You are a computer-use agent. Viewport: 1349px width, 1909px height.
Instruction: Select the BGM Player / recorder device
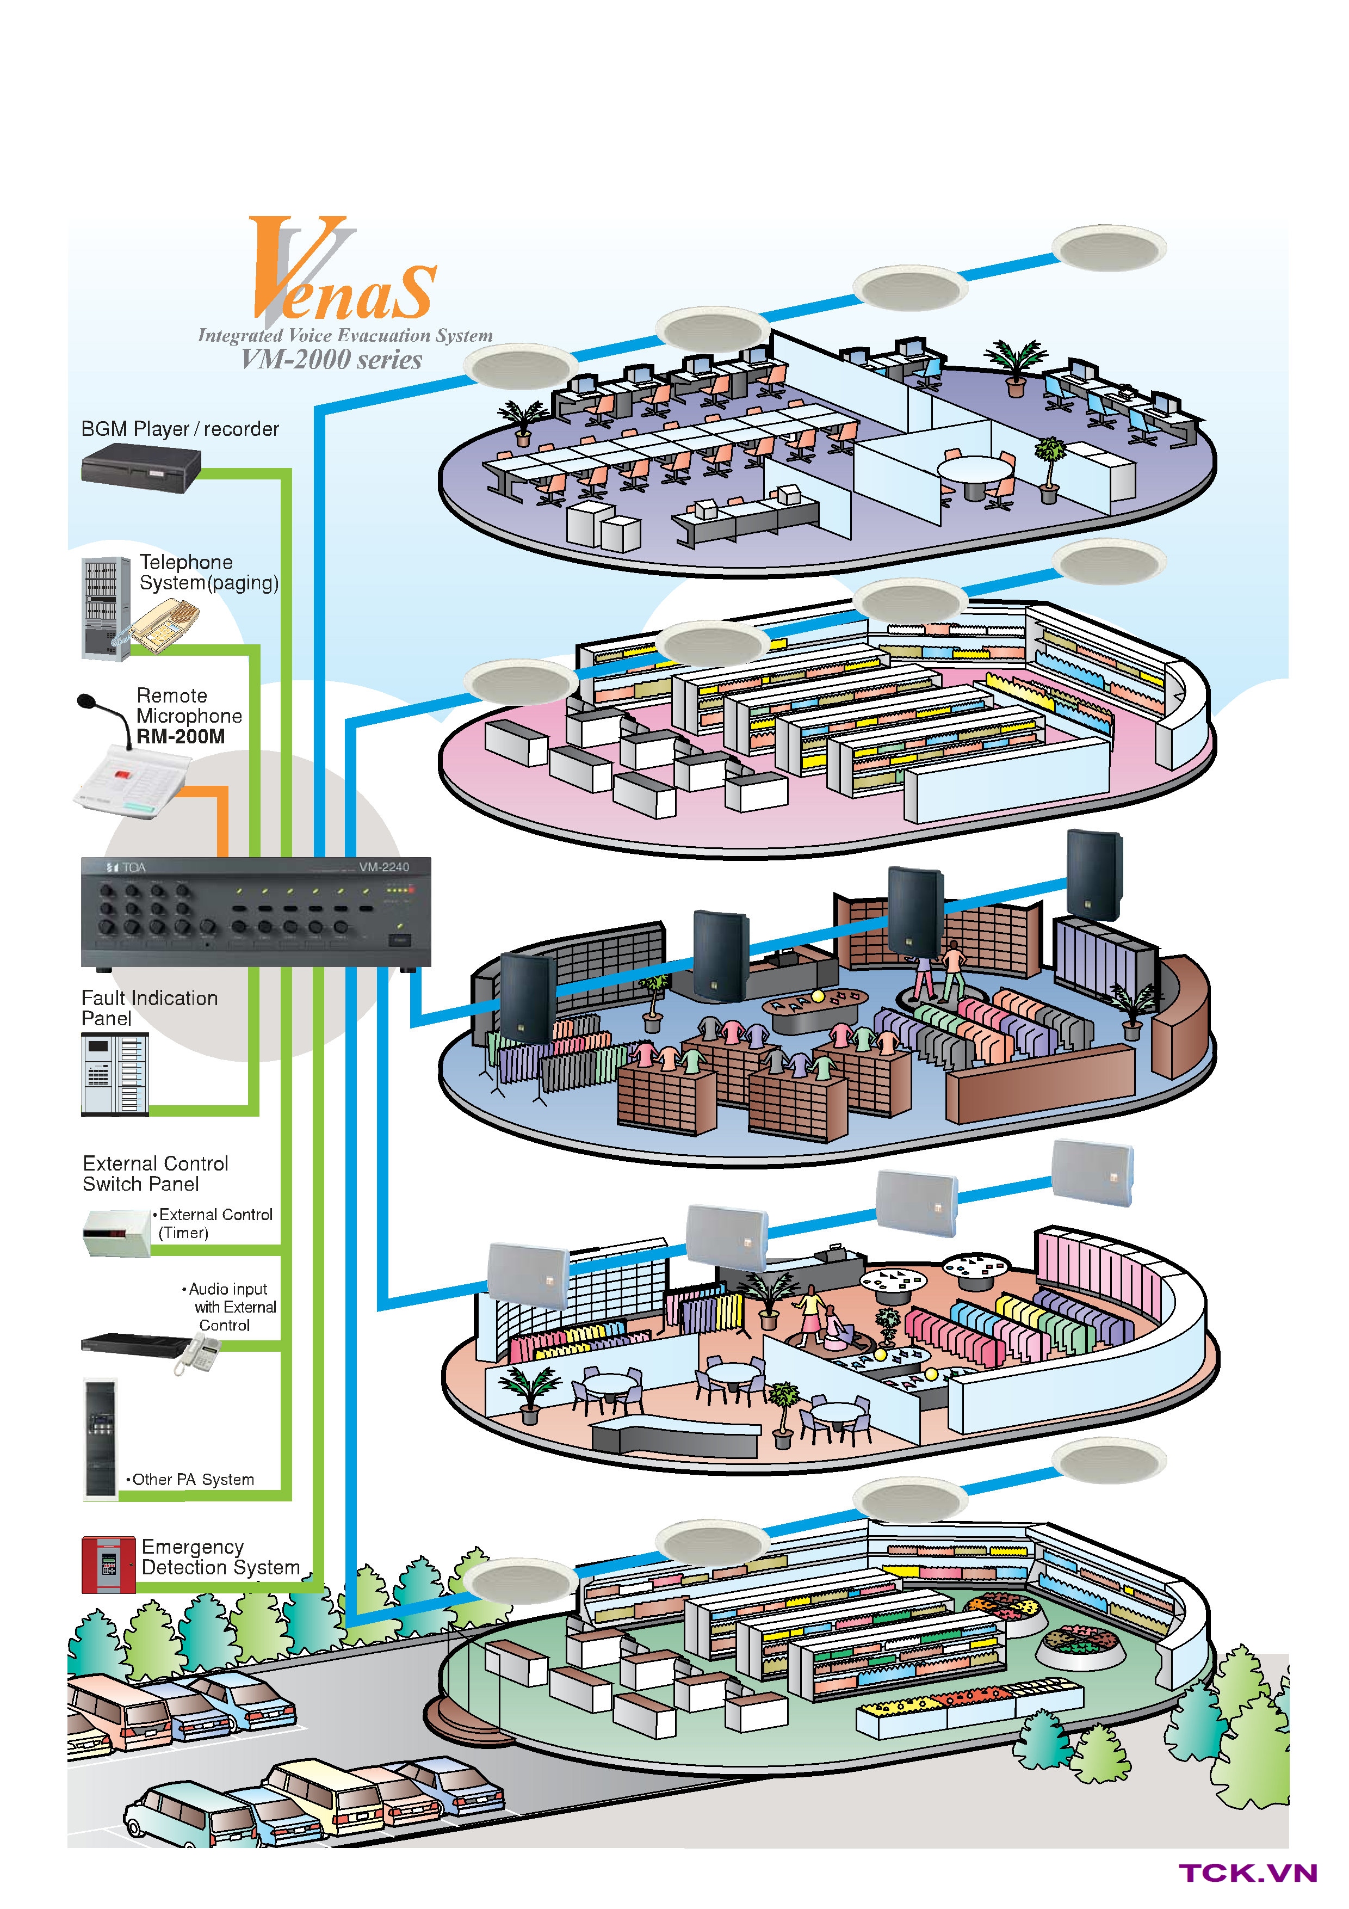(141, 467)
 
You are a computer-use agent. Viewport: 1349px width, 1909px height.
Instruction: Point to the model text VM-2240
(384, 867)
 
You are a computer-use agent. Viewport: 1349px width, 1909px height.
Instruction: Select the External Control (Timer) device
(116, 1232)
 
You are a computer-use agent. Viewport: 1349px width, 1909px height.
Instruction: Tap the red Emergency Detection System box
(108, 1565)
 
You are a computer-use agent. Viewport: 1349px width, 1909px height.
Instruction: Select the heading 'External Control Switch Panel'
(156, 1173)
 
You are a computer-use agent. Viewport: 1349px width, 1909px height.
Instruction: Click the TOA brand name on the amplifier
(133, 868)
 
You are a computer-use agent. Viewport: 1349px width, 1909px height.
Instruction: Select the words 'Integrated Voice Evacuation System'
(345, 336)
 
